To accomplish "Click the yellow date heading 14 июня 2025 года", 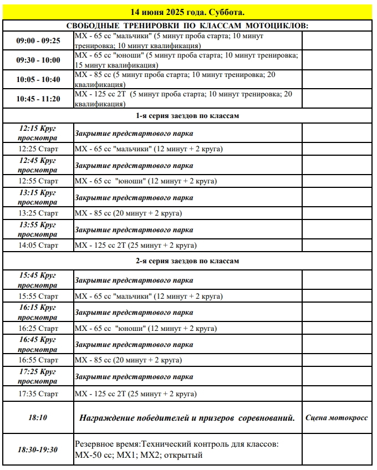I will point(187,12).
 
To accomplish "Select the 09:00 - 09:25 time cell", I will point(38,41).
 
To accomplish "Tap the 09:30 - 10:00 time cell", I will point(38,60).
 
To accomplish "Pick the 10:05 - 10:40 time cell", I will point(38,79).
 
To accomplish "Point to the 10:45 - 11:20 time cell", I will point(38,99).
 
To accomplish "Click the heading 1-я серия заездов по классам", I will point(187,116).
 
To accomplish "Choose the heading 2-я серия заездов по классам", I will point(187,260).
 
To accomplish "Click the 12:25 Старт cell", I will point(38,149).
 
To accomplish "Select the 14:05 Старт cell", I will point(38,245).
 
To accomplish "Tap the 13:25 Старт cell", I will point(38,213).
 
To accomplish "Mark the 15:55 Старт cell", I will point(38,296).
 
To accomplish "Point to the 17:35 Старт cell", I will point(38,394).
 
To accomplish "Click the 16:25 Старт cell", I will point(38,328).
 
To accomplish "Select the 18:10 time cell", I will point(38,417).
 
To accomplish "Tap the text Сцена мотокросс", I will point(337,417).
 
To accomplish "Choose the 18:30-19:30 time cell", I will point(38,449).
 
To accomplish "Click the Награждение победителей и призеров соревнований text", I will point(187,417).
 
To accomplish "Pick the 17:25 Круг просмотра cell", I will point(38,376).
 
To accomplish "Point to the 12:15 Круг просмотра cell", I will point(38,133).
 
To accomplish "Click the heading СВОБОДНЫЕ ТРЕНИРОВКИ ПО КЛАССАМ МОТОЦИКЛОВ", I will point(187,26).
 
